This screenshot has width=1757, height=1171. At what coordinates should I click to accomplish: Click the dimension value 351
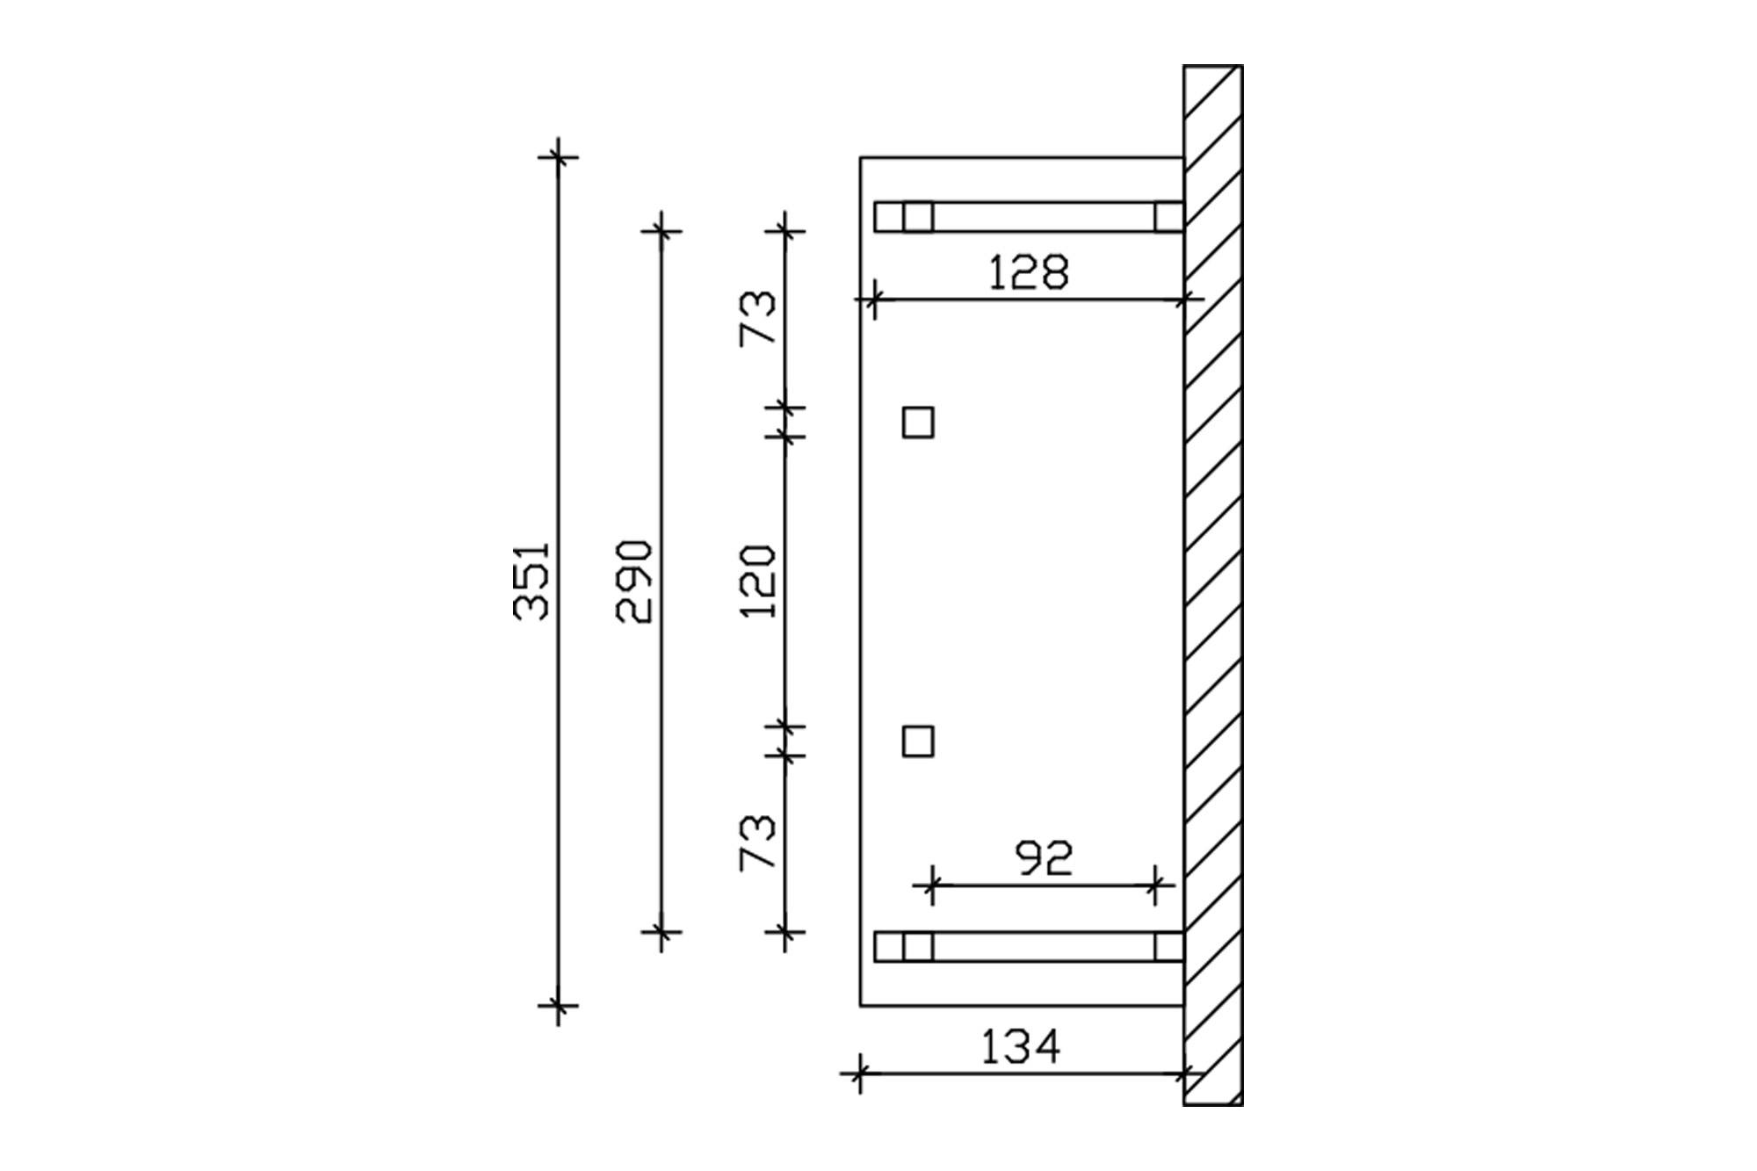(531, 581)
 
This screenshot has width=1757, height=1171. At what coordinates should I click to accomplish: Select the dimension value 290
(634, 581)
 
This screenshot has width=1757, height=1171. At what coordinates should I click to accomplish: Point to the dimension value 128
(1028, 272)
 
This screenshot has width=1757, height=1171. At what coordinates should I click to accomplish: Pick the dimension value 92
(1044, 858)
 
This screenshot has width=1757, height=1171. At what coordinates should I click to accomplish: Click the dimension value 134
(1020, 1046)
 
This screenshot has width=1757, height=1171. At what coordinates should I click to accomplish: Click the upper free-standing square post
(918, 423)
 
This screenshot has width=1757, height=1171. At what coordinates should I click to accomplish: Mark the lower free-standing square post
(918, 741)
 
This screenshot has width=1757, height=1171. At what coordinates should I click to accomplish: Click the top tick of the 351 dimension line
(558, 158)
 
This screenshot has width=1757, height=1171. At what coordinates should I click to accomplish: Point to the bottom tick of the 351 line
(558, 1005)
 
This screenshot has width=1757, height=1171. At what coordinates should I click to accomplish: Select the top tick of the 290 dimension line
(662, 232)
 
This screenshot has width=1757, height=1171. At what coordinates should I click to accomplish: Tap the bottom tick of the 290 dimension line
(662, 931)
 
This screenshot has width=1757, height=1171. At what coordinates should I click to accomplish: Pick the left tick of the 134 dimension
(860, 1073)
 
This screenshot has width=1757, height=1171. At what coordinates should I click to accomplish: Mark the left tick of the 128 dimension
(873, 300)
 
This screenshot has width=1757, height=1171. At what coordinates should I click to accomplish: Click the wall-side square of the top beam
(1168, 217)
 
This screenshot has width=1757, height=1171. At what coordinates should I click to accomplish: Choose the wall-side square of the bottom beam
(1168, 946)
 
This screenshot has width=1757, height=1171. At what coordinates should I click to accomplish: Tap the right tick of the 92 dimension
(1156, 885)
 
